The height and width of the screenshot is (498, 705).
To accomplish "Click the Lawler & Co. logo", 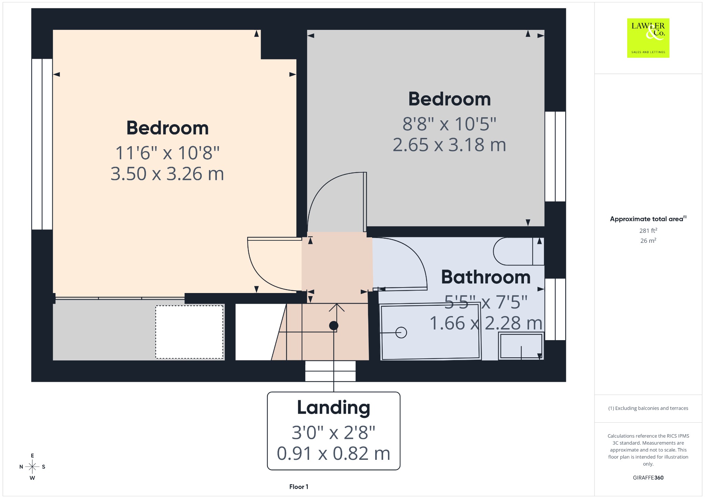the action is [648, 38].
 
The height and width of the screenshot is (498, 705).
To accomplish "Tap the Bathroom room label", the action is [486, 277].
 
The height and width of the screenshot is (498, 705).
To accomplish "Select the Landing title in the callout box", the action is [334, 408].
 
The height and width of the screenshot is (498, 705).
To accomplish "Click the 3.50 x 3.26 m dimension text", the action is [167, 174].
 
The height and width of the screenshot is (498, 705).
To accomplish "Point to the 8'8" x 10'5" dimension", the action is [449, 124].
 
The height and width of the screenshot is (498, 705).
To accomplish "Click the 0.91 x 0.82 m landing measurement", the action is [334, 453].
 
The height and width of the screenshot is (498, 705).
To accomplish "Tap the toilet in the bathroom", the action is [519, 251].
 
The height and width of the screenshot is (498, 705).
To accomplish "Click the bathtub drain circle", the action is [401, 333].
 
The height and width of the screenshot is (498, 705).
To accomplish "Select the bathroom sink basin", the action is [521, 346].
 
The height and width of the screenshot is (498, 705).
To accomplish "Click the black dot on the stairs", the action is [334, 325].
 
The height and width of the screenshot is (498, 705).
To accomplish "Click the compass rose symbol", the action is [32, 467].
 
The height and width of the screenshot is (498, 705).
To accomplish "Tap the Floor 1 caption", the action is [299, 487].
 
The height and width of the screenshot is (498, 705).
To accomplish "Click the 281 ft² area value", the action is [648, 230].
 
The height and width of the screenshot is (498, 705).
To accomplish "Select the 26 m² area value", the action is [648, 240].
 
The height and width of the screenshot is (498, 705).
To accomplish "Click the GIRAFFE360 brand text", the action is [648, 477].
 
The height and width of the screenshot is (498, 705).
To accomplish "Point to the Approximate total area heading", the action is [648, 219].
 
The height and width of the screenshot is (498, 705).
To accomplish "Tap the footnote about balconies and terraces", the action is [648, 408].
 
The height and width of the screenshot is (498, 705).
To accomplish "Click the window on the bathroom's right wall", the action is [555, 309].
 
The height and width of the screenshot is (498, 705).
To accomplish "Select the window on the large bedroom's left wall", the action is [42, 144].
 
